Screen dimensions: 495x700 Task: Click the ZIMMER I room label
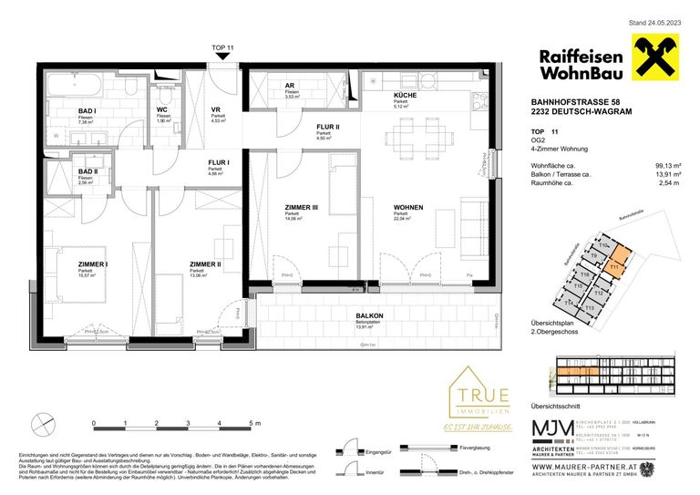click(93, 264)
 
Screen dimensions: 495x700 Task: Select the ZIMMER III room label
click(301, 207)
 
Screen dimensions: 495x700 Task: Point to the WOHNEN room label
click(408, 208)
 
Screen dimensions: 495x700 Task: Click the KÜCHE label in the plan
click(406, 95)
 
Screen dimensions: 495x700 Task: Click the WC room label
click(162, 111)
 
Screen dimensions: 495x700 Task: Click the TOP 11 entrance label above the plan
click(223, 47)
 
